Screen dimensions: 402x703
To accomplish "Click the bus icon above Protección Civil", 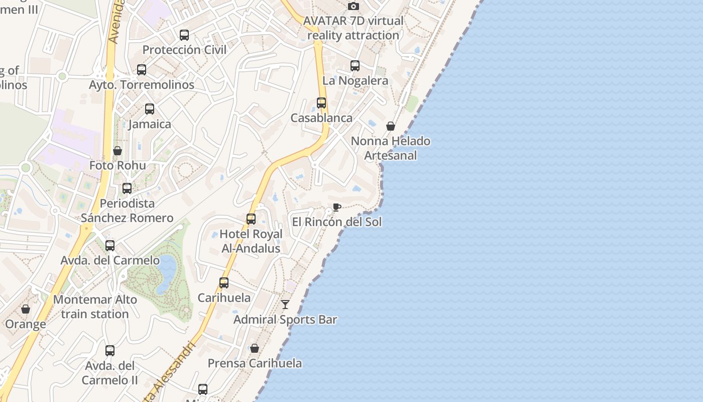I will coord(184,35).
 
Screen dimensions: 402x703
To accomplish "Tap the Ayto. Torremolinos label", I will coord(142,84).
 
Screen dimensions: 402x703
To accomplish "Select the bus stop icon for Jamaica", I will coord(150,109).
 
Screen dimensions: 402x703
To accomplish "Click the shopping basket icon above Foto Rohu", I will coord(118,151).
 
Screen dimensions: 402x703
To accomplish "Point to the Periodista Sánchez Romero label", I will coord(127,211).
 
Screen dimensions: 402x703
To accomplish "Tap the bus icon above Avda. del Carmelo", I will coord(110,246).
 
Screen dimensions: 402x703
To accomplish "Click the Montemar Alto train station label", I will coord(95,307).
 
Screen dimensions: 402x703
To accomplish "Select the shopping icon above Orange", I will coord(26,309).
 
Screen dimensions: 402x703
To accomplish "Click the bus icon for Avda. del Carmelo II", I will coord(110,351).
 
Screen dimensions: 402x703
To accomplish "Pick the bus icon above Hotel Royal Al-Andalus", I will coord(251,219).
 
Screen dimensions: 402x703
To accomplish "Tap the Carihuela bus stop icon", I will coord(224,283).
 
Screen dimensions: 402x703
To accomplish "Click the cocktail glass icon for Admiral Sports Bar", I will coord(285,305).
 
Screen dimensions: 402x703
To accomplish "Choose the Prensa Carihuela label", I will coord(255,363).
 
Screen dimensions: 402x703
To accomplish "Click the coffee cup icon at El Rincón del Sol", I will coord(337,208).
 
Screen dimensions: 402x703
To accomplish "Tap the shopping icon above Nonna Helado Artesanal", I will coord(391,126).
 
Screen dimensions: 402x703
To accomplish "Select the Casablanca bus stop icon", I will coord(321,103).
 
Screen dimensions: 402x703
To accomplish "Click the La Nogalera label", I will coord(355,80).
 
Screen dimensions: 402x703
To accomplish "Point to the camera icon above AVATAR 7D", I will coord(354,6).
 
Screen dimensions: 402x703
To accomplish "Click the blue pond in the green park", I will coord(166,274).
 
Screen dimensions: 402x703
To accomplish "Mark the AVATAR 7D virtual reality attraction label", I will coord(354,28).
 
